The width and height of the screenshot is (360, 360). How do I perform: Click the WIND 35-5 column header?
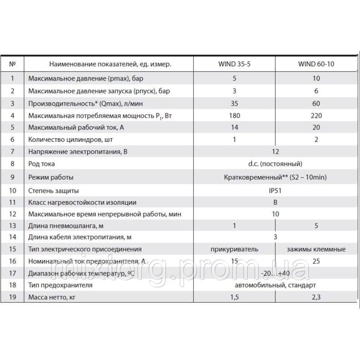click(234, 65)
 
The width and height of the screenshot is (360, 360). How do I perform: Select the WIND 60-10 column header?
click(316, 65)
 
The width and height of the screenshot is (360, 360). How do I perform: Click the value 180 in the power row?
click(234, 116)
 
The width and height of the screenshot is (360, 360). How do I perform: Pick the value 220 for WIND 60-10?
click(316, 116)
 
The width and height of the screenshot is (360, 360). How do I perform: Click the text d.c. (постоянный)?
click(275, 164)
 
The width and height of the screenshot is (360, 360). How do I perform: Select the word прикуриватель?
click(234, 249)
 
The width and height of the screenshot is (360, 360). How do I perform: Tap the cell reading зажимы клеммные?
click(317, 249)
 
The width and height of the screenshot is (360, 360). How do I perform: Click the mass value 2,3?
click(316, 297)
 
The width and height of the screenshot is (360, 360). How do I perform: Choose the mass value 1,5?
click(234, 297)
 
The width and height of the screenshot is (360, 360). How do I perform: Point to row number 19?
click(13, 297)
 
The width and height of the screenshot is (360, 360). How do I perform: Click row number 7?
click(13, 152)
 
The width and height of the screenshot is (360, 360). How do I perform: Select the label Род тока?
click(41, 164)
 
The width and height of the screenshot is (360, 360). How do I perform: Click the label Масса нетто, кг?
click(53, 297)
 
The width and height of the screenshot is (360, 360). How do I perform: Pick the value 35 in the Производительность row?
click(234, 103)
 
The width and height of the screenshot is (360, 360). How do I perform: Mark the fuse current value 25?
click(316, 261)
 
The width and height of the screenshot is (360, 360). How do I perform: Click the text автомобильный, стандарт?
click(275, 285)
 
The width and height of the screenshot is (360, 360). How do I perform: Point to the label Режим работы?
click(51, 177)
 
